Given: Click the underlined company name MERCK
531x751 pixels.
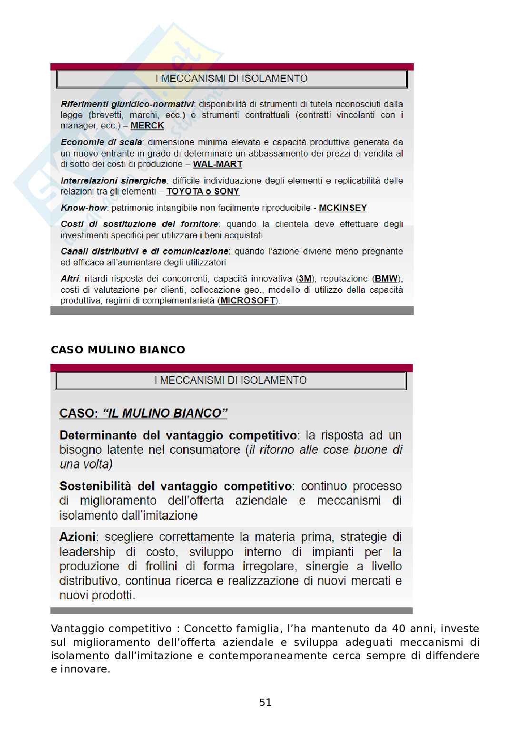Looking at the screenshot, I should [147, 126].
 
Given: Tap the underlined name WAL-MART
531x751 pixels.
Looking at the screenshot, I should [217, 164].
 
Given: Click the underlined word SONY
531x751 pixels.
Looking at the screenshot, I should [226, 191].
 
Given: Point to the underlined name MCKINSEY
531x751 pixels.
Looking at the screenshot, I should [343, 208].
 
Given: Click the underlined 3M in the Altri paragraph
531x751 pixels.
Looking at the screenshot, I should [305, 279].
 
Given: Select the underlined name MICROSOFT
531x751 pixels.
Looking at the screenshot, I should [248, 301].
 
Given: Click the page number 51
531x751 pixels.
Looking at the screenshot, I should [265, 702].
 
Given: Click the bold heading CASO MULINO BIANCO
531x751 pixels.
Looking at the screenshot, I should [118, 350].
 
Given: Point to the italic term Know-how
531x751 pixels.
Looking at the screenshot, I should [84, 208].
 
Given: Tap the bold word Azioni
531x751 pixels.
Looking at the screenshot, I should [78, 537].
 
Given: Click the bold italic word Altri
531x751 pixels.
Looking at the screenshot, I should [70, 279].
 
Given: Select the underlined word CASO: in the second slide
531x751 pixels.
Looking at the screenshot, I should [79, 413].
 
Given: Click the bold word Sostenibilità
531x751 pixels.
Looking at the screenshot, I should [95, 486].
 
